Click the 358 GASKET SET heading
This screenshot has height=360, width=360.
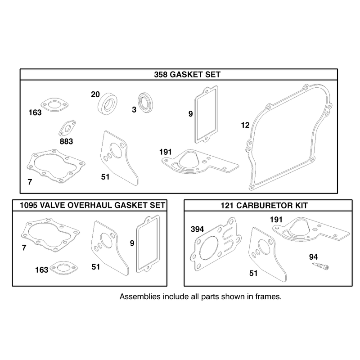pos(187,75)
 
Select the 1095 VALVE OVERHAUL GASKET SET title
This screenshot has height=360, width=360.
pos(92,205)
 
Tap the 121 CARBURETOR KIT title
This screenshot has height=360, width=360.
pos(264,205)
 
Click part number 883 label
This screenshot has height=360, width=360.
pos(66,141)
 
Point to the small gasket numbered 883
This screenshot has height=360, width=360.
pos(67,128)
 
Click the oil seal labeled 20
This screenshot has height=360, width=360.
pos(108,104)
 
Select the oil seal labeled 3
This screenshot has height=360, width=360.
pos(145,103)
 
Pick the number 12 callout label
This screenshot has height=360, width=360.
pos(245,125)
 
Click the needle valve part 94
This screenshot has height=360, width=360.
pos(320,266)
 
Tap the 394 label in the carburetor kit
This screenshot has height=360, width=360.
pos(197,229)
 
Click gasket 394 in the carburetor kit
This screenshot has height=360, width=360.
pos(216,244)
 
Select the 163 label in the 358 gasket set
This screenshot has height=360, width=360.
pos(35,112)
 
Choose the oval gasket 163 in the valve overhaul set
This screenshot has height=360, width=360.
pos(63,268)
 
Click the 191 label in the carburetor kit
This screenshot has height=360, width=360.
pos(276,220)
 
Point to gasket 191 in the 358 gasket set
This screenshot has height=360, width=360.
pos(200,162)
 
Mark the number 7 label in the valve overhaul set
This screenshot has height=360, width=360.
pos(24,248)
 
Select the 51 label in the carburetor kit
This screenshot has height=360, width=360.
pos(253,273)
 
